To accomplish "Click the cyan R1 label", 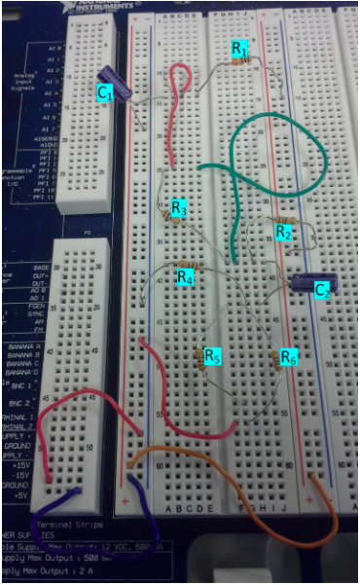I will (239, 49).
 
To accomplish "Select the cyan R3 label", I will (178, 208).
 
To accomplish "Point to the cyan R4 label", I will (185, 277).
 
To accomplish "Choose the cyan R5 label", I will (213, 356).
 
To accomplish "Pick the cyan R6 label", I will (288, 356).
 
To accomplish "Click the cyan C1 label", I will (105, 91).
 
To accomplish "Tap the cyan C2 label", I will (323, 289).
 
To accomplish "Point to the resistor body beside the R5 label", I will (203, 357).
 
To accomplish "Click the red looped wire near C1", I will (176, 107).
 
